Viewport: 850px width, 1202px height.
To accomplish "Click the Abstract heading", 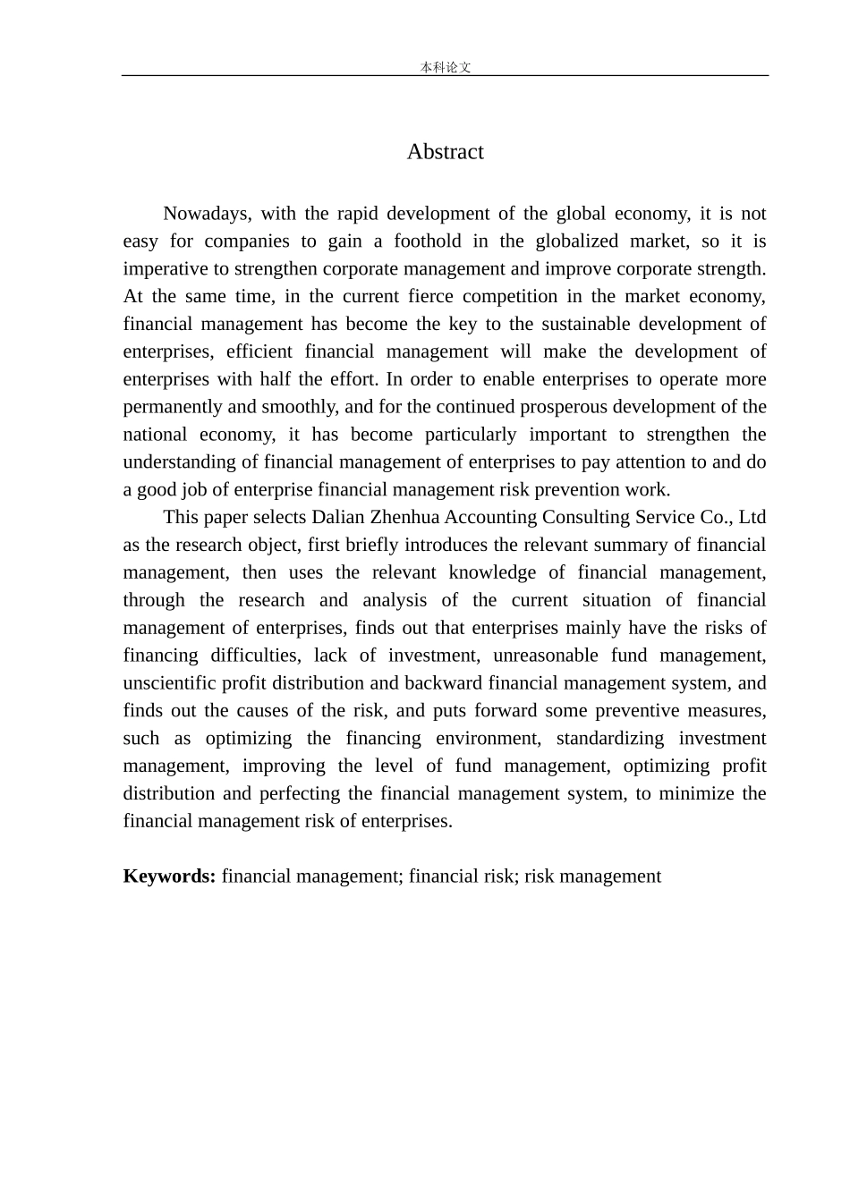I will pos(445,152).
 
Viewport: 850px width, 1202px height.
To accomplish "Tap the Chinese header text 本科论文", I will pos(445,67).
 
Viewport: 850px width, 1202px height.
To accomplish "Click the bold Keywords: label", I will pos(169,876).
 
